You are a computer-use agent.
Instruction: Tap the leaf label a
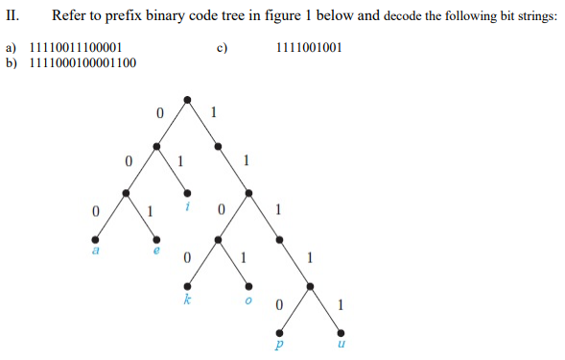(x=95, y=251)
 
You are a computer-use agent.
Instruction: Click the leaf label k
(x=187, y=299)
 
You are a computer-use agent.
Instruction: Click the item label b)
(x=12, y=63)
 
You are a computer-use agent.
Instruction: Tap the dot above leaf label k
(x=187, y=285)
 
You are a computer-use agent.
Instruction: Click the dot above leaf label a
(x=95, y=238)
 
